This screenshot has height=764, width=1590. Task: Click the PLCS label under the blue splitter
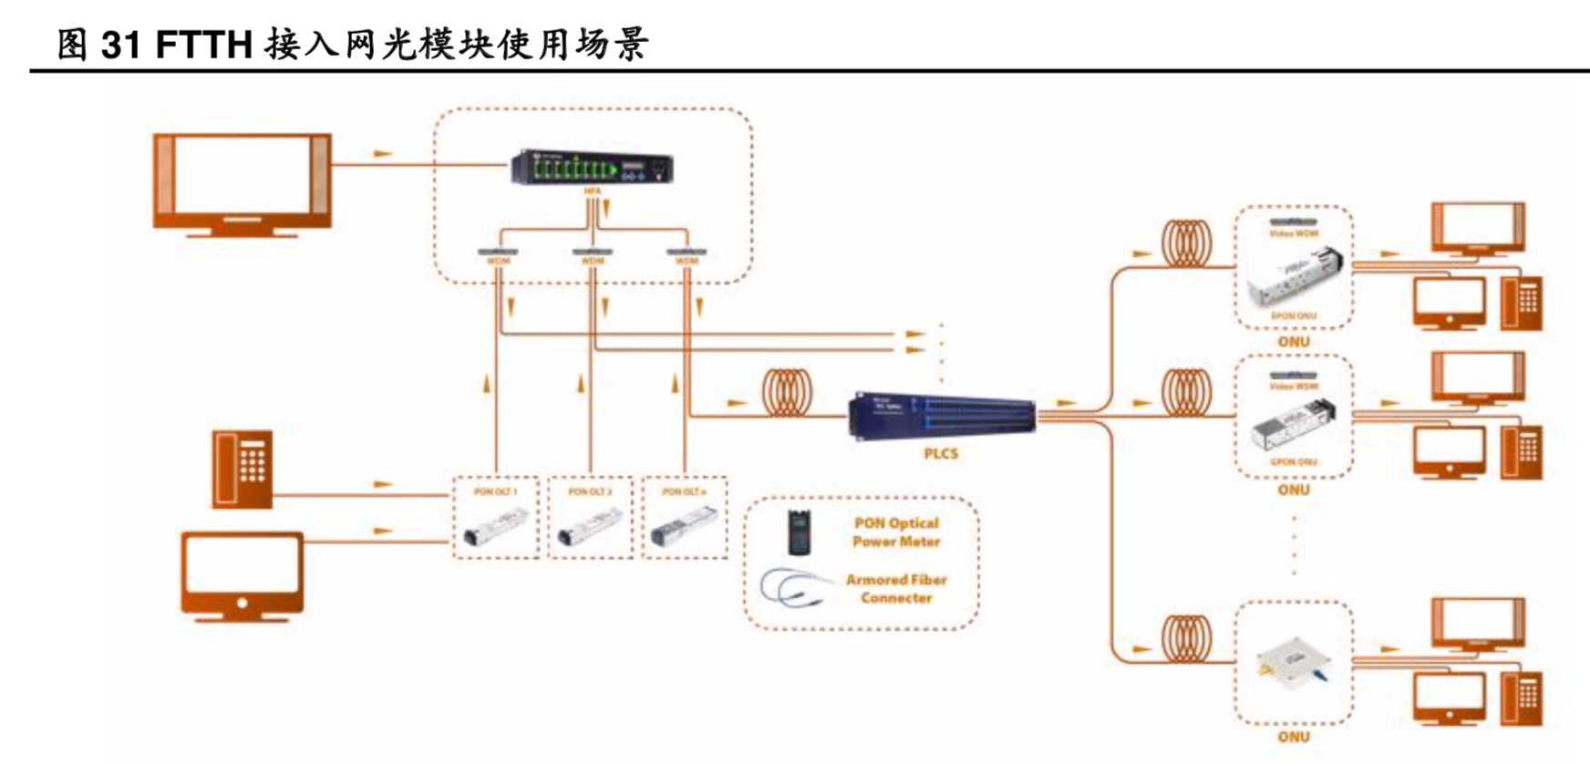[x=941, y=453]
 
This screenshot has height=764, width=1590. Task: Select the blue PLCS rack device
[x=942, y=417]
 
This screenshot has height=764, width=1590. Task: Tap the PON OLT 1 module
[x=495, y=529]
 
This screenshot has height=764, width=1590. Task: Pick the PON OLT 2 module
[x=590, y=529]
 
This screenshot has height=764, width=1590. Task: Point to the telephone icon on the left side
[x=243, y=469]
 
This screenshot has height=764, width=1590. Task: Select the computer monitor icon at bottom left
[x=242, y=576]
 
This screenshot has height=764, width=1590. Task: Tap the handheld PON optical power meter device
[x=801, y=532]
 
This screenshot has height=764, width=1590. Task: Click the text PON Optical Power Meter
[x=895, y=532]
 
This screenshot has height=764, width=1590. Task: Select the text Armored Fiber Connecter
[x=896, y=589]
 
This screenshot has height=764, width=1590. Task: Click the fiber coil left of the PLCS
[x=787, y=393]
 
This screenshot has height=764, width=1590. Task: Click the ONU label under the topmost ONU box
[x=1293, y=341]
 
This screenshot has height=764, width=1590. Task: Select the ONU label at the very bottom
[x=1293, y=737]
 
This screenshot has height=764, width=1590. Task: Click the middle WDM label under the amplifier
[x=593, y=261]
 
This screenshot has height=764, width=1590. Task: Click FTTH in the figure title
[x=203, y=44]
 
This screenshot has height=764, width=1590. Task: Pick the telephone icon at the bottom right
[x=1522, y=697]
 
